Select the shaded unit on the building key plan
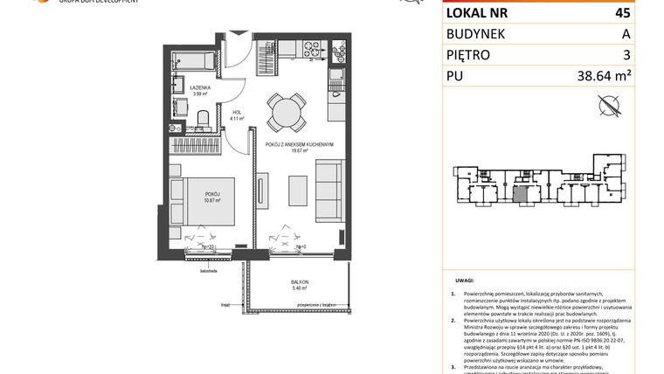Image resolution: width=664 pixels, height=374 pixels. click(x=520, y=195)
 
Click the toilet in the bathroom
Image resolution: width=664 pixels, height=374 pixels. click(x=203, y=118)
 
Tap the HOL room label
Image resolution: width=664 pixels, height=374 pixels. click(x=236, y=111)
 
